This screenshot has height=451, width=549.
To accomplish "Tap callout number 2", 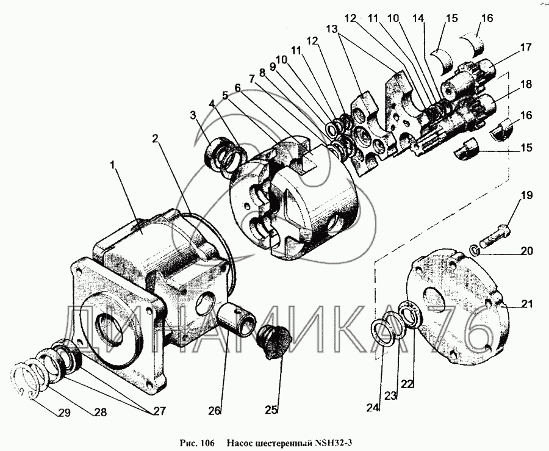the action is pos(156,139).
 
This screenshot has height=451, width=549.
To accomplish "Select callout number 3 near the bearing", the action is pos(193,115).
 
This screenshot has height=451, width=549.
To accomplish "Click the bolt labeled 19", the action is pos(492,234).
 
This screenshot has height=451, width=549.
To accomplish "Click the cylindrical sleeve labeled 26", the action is pos(240,314).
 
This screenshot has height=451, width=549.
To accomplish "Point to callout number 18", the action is pos(526,85).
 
